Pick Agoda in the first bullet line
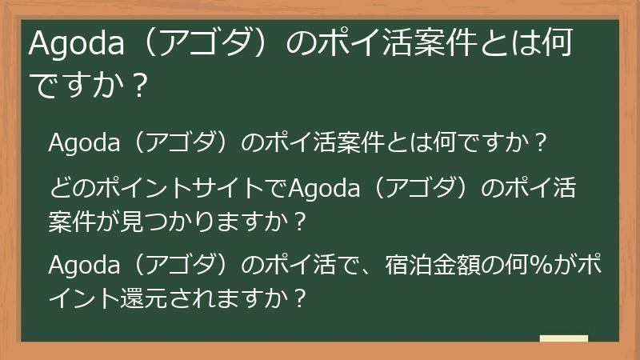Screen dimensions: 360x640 click(x=84, y=143)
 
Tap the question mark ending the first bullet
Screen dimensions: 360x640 click(x=539, y=143)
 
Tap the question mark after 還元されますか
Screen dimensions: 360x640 click(x=301, y=296)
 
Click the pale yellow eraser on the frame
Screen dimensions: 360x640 click(x=563, y=338)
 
